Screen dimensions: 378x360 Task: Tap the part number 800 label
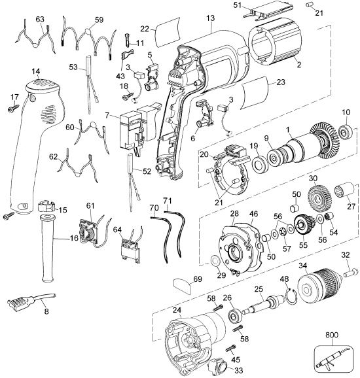click(333, 335)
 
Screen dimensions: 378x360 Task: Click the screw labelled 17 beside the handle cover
click(16, 110)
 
